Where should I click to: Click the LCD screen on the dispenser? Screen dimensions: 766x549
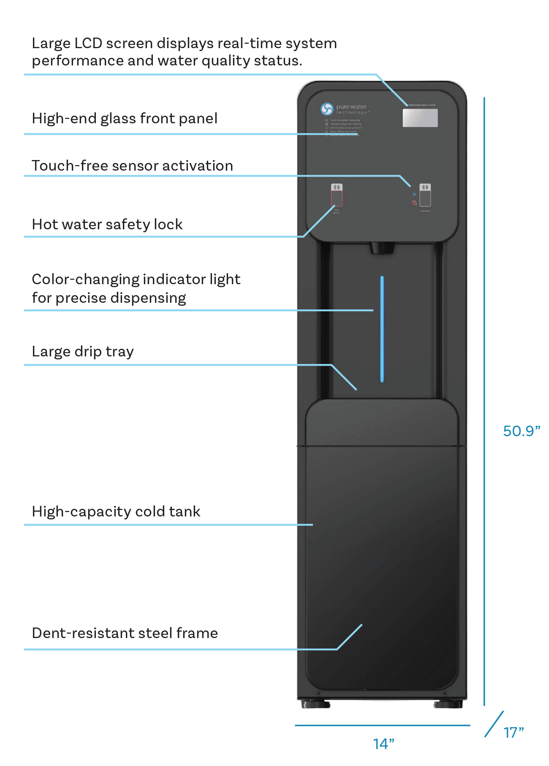tap(420, 118)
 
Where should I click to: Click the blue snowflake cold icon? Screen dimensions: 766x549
tap(414, 194)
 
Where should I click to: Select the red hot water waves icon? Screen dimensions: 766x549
tap(414, 203)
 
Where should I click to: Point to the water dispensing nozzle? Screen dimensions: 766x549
tap(382, 248)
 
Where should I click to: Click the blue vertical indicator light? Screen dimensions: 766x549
tap(382, 329)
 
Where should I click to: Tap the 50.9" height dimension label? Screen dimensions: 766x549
tap(521, 431)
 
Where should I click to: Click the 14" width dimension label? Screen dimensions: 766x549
tap(383, 744)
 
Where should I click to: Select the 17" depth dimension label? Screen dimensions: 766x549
tap(513, 733)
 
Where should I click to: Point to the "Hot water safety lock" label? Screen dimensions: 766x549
tap(107, 225)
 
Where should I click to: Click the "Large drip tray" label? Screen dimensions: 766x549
tap(83, 352)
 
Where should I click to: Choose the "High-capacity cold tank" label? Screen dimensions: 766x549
tap(116, 512)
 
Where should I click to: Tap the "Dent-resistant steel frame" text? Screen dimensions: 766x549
tap(125, 633)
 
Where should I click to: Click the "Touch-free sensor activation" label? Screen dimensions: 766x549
tap(132, 166)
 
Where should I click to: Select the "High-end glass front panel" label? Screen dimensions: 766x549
tap(125, 119)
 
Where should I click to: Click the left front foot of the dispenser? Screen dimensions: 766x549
tap(316, 704)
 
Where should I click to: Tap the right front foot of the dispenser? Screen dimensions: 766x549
tap(448, 704)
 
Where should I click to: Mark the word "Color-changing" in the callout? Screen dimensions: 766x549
tap(85, 280)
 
